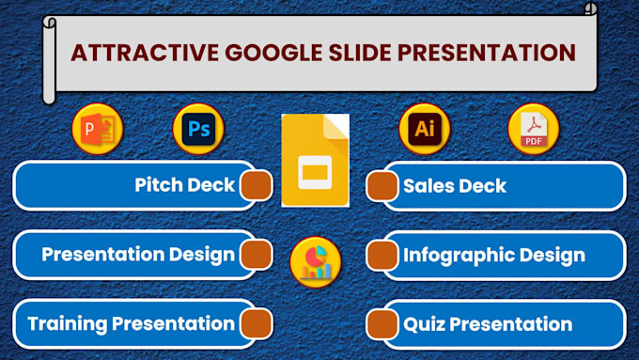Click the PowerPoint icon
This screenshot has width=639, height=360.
[x=98, y=130]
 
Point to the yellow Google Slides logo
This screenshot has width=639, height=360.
[x=315, y=160]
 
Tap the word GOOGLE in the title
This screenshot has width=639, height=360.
[x=260, y=52]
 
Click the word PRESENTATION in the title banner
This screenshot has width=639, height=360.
[x=489, y=52]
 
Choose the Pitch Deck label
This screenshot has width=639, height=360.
[x=184, y=185]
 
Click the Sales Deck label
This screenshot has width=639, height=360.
[x=454, y=186]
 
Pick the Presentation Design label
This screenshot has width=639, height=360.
[x=137, y=255]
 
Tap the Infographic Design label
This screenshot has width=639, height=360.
[x=493, y=255]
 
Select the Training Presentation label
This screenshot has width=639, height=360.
[x=131, y=324]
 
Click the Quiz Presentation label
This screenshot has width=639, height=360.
[x=487, y=324]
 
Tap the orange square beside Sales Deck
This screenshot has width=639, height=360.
[x=381, y=186]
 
